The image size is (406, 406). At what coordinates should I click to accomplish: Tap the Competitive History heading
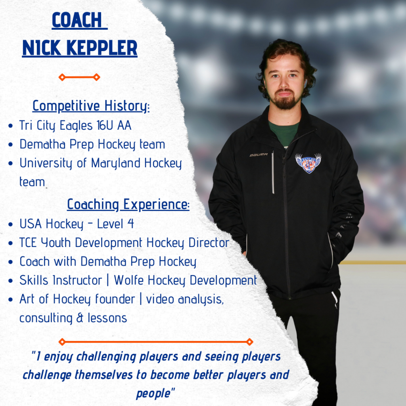pos(91,106)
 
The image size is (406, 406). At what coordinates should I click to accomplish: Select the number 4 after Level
pos(130,224)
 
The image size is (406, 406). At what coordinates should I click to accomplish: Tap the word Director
pos(209,243)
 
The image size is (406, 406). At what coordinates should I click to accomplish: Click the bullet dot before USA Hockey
pos(11,224)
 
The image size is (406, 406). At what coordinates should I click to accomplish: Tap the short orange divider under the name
pos(79,77)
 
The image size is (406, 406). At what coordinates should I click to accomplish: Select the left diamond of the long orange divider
pos(62,342)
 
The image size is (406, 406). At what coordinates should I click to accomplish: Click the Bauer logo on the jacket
pos(259,154)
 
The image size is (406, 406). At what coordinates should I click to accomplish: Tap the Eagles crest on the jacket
pos(308,163)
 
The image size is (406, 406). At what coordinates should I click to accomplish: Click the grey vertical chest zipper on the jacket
pos(273,172)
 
